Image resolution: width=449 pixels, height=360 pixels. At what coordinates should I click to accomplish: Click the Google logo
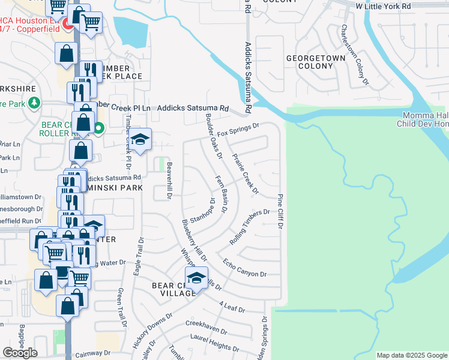[x=20, y=353]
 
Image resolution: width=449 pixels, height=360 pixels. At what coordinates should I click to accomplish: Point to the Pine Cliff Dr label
[x=280, y=211]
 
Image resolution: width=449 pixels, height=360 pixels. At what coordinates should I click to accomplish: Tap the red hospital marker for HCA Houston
[x=68, y=25]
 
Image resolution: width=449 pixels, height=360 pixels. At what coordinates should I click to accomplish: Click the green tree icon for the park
[x=34, y=102]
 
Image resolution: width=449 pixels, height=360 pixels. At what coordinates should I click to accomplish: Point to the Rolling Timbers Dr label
[x=250, y=227]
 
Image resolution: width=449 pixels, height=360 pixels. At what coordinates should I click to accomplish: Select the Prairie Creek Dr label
[x=245, y=174]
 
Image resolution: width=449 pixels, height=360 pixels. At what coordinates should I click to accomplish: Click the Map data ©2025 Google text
[x=412, y=355]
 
